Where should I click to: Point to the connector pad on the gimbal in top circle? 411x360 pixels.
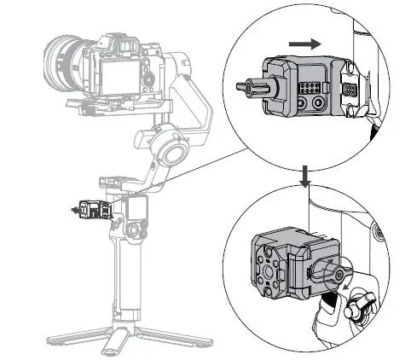(350, 89)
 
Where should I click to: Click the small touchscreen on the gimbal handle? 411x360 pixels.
(135, 207)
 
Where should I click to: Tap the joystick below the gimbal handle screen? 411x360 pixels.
(134, 231)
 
